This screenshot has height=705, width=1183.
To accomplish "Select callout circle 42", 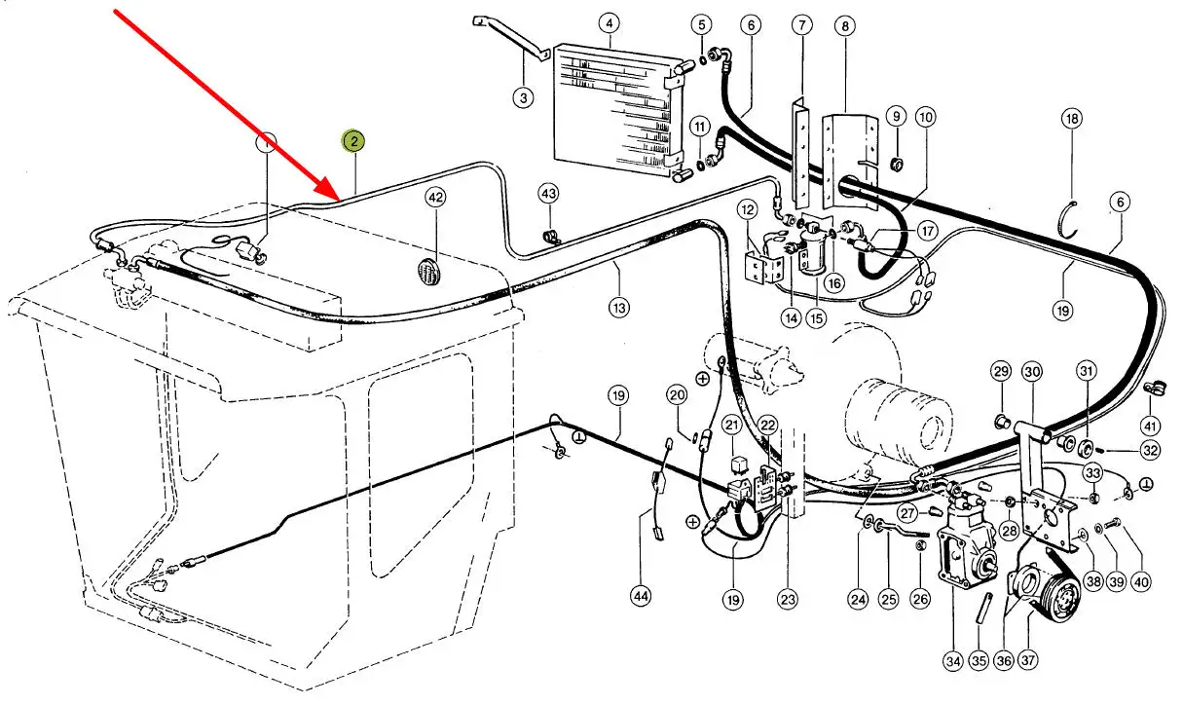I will pyautogui.click(x=435, y=198).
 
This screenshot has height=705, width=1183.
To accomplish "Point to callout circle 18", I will pyautogui.click(x=1072, y=120).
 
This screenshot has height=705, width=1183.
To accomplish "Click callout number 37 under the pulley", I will pyautogui.click(x=1029, y=660).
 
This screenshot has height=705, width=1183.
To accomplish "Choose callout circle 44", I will pyautogui.click(x=640, y=595).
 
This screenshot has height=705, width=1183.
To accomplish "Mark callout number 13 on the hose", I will pyautogui.click(x=619, y=308).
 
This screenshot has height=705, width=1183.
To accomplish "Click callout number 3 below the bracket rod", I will pyautogui.click(x=524, y=96).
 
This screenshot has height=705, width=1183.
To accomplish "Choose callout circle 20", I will pyautogui.click(x=678, y=395).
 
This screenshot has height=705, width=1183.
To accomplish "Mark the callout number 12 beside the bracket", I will pyautogui.click(x=747, y=209).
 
